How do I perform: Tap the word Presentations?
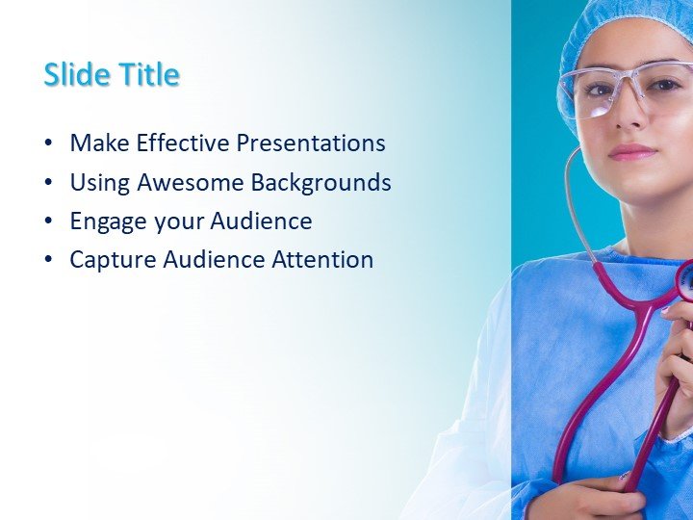(x=311, y=143)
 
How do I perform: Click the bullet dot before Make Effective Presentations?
(x=48, y=144)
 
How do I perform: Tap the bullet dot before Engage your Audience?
(x=48, y=221)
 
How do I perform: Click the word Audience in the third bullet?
(x=263, y=221)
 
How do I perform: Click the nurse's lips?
(x=631, y=152)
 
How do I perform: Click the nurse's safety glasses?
(x=626, y=87)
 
